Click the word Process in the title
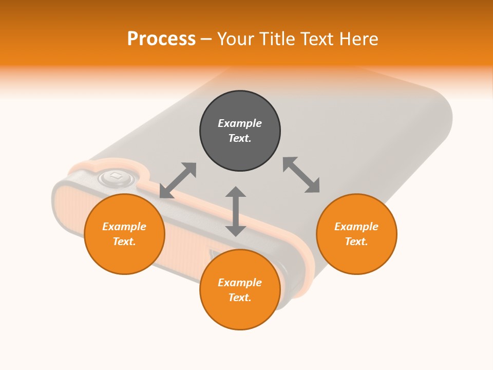tap(161, 39)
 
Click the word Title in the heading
tap(277, 39)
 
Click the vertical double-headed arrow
tap(236, 211)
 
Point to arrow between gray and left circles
tap(178, 180)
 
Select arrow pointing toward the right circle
tap(301, 175)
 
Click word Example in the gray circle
tap(240, 123)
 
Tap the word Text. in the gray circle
tap(240, 138)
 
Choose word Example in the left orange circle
tap(124, 227)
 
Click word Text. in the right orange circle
tap(356, 242)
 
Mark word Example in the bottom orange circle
tap(240, 283)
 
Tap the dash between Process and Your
tap(206, 39)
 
